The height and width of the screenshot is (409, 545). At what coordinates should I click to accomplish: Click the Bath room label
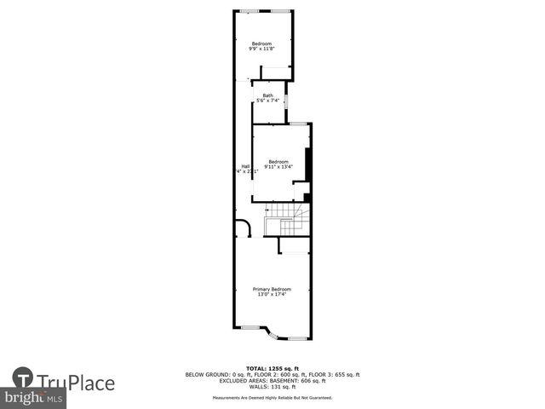tap(268, 95)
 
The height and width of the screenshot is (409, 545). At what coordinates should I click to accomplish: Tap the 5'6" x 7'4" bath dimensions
tap(268, 101)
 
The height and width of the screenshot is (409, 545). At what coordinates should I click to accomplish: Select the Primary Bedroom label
tap(272, 289)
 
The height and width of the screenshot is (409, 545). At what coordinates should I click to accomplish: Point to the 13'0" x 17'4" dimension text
tap(272, 295)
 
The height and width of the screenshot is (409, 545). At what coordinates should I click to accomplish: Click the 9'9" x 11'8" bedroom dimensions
tap(261, 49)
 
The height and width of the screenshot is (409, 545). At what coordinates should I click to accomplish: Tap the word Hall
tap(245, 166)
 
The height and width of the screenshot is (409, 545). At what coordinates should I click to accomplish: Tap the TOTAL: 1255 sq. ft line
tap(272, 369)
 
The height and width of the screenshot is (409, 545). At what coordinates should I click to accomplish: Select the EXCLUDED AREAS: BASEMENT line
tap(272, 381)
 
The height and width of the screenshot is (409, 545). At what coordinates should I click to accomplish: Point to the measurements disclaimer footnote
tap(272, 398)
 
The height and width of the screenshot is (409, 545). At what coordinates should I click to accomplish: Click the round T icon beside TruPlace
tap(24, 379)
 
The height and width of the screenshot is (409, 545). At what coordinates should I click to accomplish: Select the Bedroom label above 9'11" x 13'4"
tap(278, 162)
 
